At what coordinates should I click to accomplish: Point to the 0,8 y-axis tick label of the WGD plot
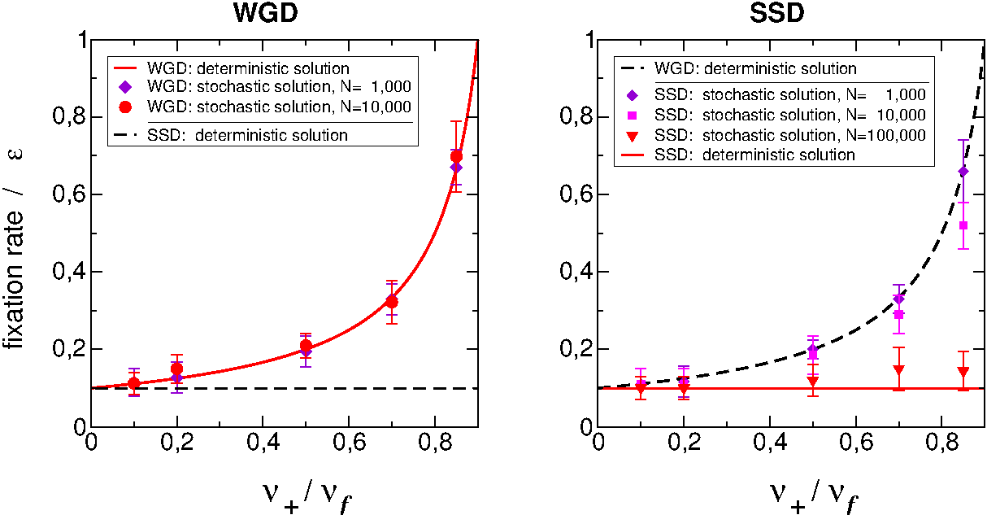(67, 118)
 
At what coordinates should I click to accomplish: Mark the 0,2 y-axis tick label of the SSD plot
(575, 350)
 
